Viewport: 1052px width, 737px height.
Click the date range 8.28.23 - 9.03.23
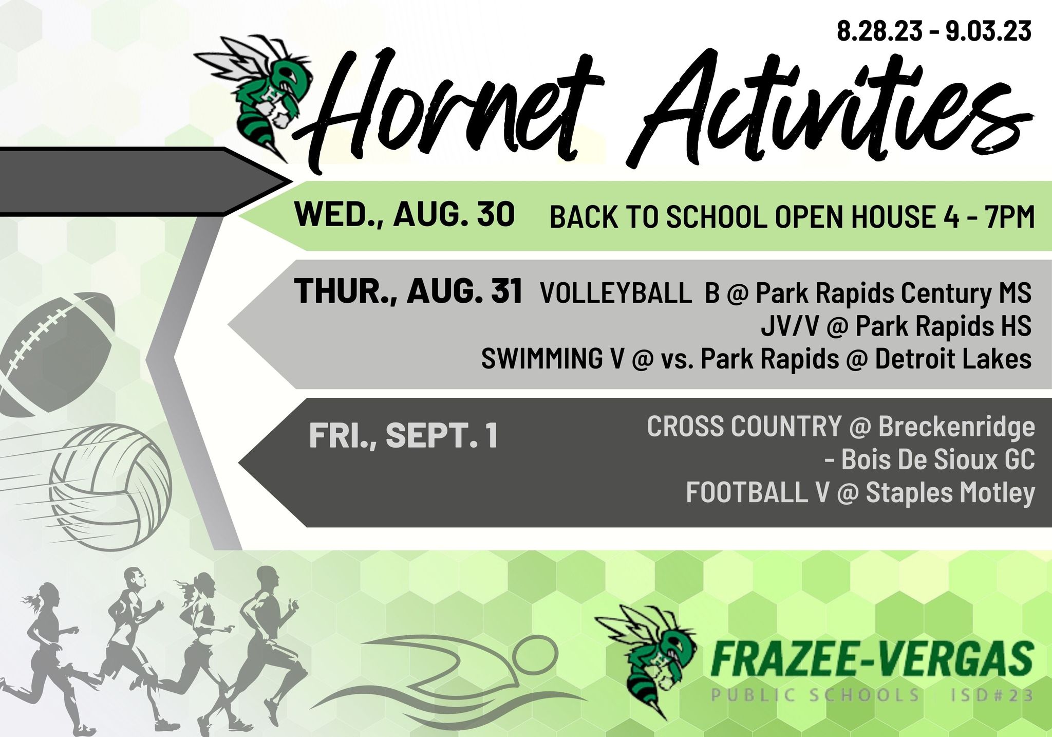click(x=934, y=31)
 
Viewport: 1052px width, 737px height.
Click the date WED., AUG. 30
click(x=405, y=214)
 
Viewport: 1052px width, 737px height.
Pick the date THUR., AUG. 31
click(x=408, y=290)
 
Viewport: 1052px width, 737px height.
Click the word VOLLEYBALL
click(x=616, y=293)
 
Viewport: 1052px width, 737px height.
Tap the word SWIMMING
click(x=541, y=358)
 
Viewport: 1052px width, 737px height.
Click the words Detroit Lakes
click(x=953, y=358)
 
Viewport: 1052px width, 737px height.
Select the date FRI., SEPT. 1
click(x=404, y=435)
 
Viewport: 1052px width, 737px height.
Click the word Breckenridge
click(x=956, y=427)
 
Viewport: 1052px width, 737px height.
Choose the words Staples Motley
click(x=950, y=493)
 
